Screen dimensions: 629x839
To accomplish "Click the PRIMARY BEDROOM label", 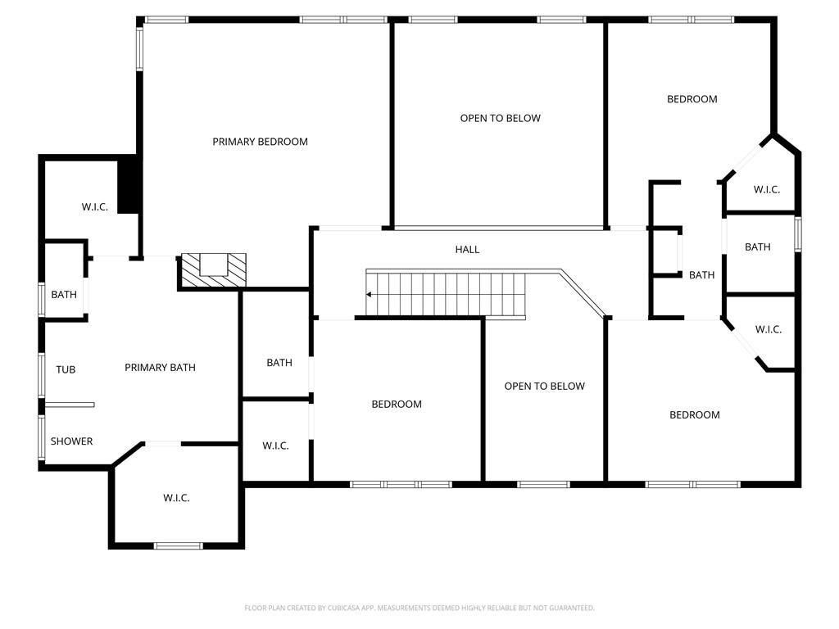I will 260,142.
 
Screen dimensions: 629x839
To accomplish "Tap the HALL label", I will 467,249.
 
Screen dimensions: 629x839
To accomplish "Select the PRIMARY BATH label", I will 160,368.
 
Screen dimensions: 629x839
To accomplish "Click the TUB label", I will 66,369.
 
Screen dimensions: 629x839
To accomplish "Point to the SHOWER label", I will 71,441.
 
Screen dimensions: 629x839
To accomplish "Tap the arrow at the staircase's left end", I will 370,294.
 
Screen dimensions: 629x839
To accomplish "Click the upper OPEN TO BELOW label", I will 500,118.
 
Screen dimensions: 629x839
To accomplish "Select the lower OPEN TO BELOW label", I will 544,386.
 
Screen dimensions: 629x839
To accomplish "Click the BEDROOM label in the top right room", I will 692,99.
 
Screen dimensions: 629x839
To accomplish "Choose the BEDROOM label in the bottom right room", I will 694,414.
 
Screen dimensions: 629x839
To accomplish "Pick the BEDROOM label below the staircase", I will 397,404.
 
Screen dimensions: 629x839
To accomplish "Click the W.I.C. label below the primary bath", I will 176,497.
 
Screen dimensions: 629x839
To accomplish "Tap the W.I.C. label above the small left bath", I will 94,207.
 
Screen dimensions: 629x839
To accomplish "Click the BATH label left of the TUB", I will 64,294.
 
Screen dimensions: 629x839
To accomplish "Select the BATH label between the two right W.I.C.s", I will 757,247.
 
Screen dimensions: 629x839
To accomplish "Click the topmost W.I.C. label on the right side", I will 766,189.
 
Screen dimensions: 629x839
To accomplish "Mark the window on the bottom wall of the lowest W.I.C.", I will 178,545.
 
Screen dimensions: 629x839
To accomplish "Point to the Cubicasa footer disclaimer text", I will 419,608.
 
